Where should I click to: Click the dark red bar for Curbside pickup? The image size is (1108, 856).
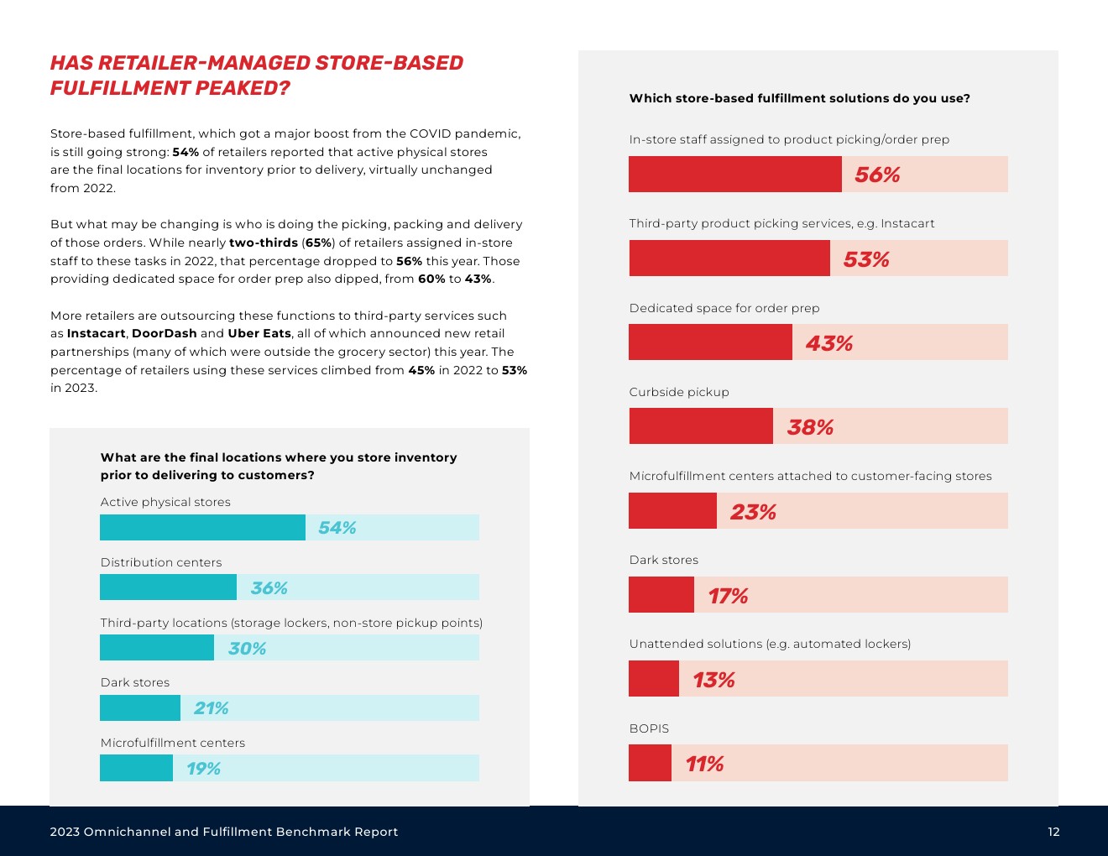click(701, 426)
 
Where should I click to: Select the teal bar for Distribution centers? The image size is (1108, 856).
click(168, 587)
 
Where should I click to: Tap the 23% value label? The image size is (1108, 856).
click(753, 512)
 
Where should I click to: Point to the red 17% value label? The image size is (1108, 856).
click(728, 596)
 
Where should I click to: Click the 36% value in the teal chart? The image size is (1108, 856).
click(269, 588)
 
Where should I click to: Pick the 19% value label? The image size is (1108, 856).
click(203, 769)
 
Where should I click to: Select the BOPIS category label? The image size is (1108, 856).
click(649, 728)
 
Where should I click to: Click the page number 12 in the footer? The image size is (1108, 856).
click(1053, 832)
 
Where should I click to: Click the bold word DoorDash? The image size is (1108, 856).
click(165, 333)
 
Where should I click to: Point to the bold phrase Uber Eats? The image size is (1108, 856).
click(259, 333)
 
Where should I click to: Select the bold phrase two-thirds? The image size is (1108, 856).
click(264, 243)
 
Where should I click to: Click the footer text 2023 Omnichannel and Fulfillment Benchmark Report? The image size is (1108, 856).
click(224, 832)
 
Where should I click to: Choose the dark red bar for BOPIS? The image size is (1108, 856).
click(650, 763)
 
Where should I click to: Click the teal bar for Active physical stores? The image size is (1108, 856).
click(202, 527)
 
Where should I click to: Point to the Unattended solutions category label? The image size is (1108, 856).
click(770, 644)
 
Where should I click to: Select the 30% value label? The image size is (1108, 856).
click(247, 649)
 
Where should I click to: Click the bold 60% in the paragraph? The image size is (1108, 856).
click(431, 279)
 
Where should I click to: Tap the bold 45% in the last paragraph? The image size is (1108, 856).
click(421, 370)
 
